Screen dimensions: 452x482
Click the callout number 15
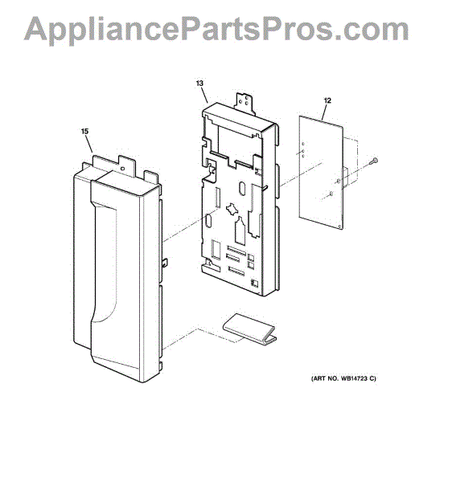[x=84, y=131]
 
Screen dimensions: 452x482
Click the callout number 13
[x=199, y=84]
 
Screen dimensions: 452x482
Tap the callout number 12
[x=327, y=100]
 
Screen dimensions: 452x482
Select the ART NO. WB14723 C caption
[x=343, y=378]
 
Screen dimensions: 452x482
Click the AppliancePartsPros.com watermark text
[x=216, y=29]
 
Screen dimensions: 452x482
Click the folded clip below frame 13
[x=250, y=329]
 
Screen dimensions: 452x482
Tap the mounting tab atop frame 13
[x=244, y=104]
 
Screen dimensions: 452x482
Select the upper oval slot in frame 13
[x=242, y=189]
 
